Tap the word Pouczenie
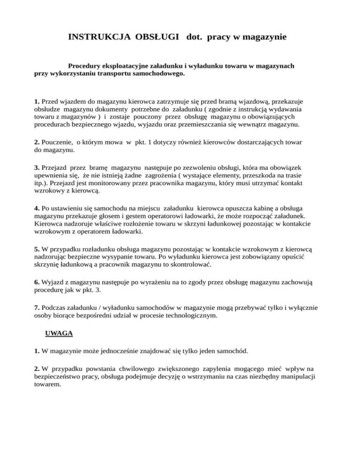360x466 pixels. click(x=60, y=142)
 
